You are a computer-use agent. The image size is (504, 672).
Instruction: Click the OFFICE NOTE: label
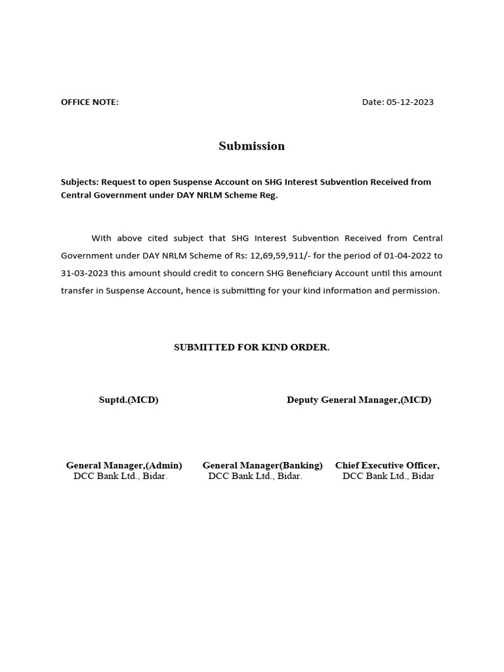coord(90,102)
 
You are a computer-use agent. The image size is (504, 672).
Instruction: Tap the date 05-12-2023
coord(410,102)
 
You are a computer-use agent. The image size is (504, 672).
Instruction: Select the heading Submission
coord(251,146)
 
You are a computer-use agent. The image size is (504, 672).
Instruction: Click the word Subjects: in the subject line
coord(79,182)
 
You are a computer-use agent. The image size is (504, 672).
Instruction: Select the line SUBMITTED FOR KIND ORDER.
coord(251,347)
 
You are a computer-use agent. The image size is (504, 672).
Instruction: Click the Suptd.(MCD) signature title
coord(129,400)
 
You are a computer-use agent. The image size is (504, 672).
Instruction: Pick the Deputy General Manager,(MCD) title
coord(359,400)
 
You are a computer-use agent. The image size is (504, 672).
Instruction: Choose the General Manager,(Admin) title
coord(124,465)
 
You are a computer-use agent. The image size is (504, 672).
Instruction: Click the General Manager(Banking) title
coord(262,465)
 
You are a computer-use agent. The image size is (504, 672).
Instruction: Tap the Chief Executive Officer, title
coord(387,465)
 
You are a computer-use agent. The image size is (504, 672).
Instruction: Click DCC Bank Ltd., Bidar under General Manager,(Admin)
coord(121,476)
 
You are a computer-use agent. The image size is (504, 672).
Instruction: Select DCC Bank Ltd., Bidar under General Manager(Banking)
coord(255,476)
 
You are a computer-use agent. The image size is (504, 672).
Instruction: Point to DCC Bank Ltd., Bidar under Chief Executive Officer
coord(388,476)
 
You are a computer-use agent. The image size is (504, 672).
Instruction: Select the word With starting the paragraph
coord(101,238)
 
